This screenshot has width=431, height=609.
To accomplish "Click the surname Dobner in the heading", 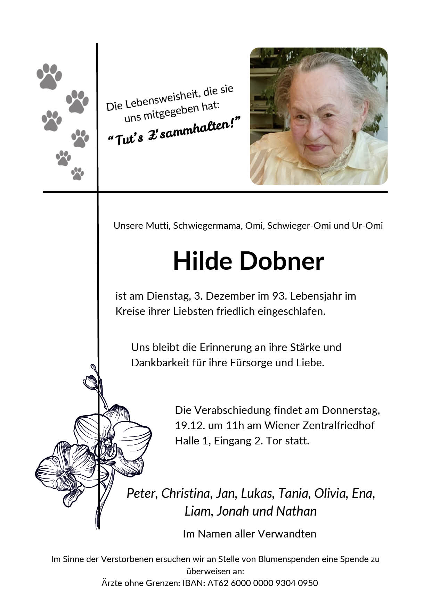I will coord(282,261).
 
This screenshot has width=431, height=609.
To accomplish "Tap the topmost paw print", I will coord(49,76).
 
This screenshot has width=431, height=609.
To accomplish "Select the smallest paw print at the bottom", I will coord(78,174).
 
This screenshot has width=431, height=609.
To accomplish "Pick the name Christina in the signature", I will coord(186,493).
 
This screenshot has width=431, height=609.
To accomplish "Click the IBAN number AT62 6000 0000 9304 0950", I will coord(262,583).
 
